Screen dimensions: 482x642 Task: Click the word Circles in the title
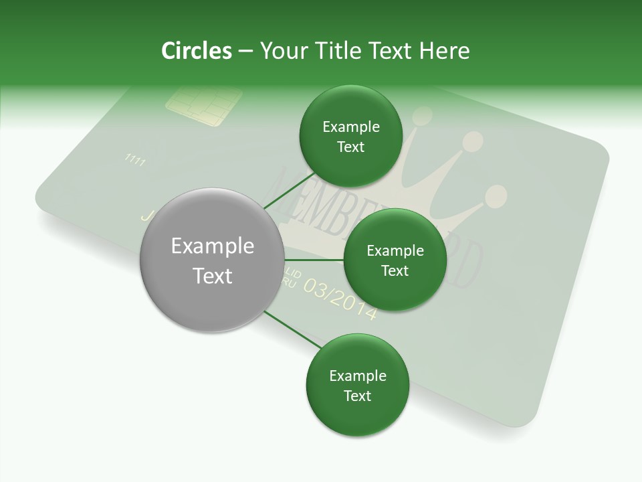196,51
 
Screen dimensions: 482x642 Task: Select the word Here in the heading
444,51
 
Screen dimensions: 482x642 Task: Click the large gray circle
212,261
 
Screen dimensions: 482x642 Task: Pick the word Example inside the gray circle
212,246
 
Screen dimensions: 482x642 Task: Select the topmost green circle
350,137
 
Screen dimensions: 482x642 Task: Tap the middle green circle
395,260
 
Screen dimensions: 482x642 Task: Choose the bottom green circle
357,385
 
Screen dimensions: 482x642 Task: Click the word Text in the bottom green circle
357,396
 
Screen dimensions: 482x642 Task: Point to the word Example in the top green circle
350,127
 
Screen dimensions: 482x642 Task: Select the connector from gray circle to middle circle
314,260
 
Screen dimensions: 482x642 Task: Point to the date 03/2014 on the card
340,297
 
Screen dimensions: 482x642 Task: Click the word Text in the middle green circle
395,270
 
